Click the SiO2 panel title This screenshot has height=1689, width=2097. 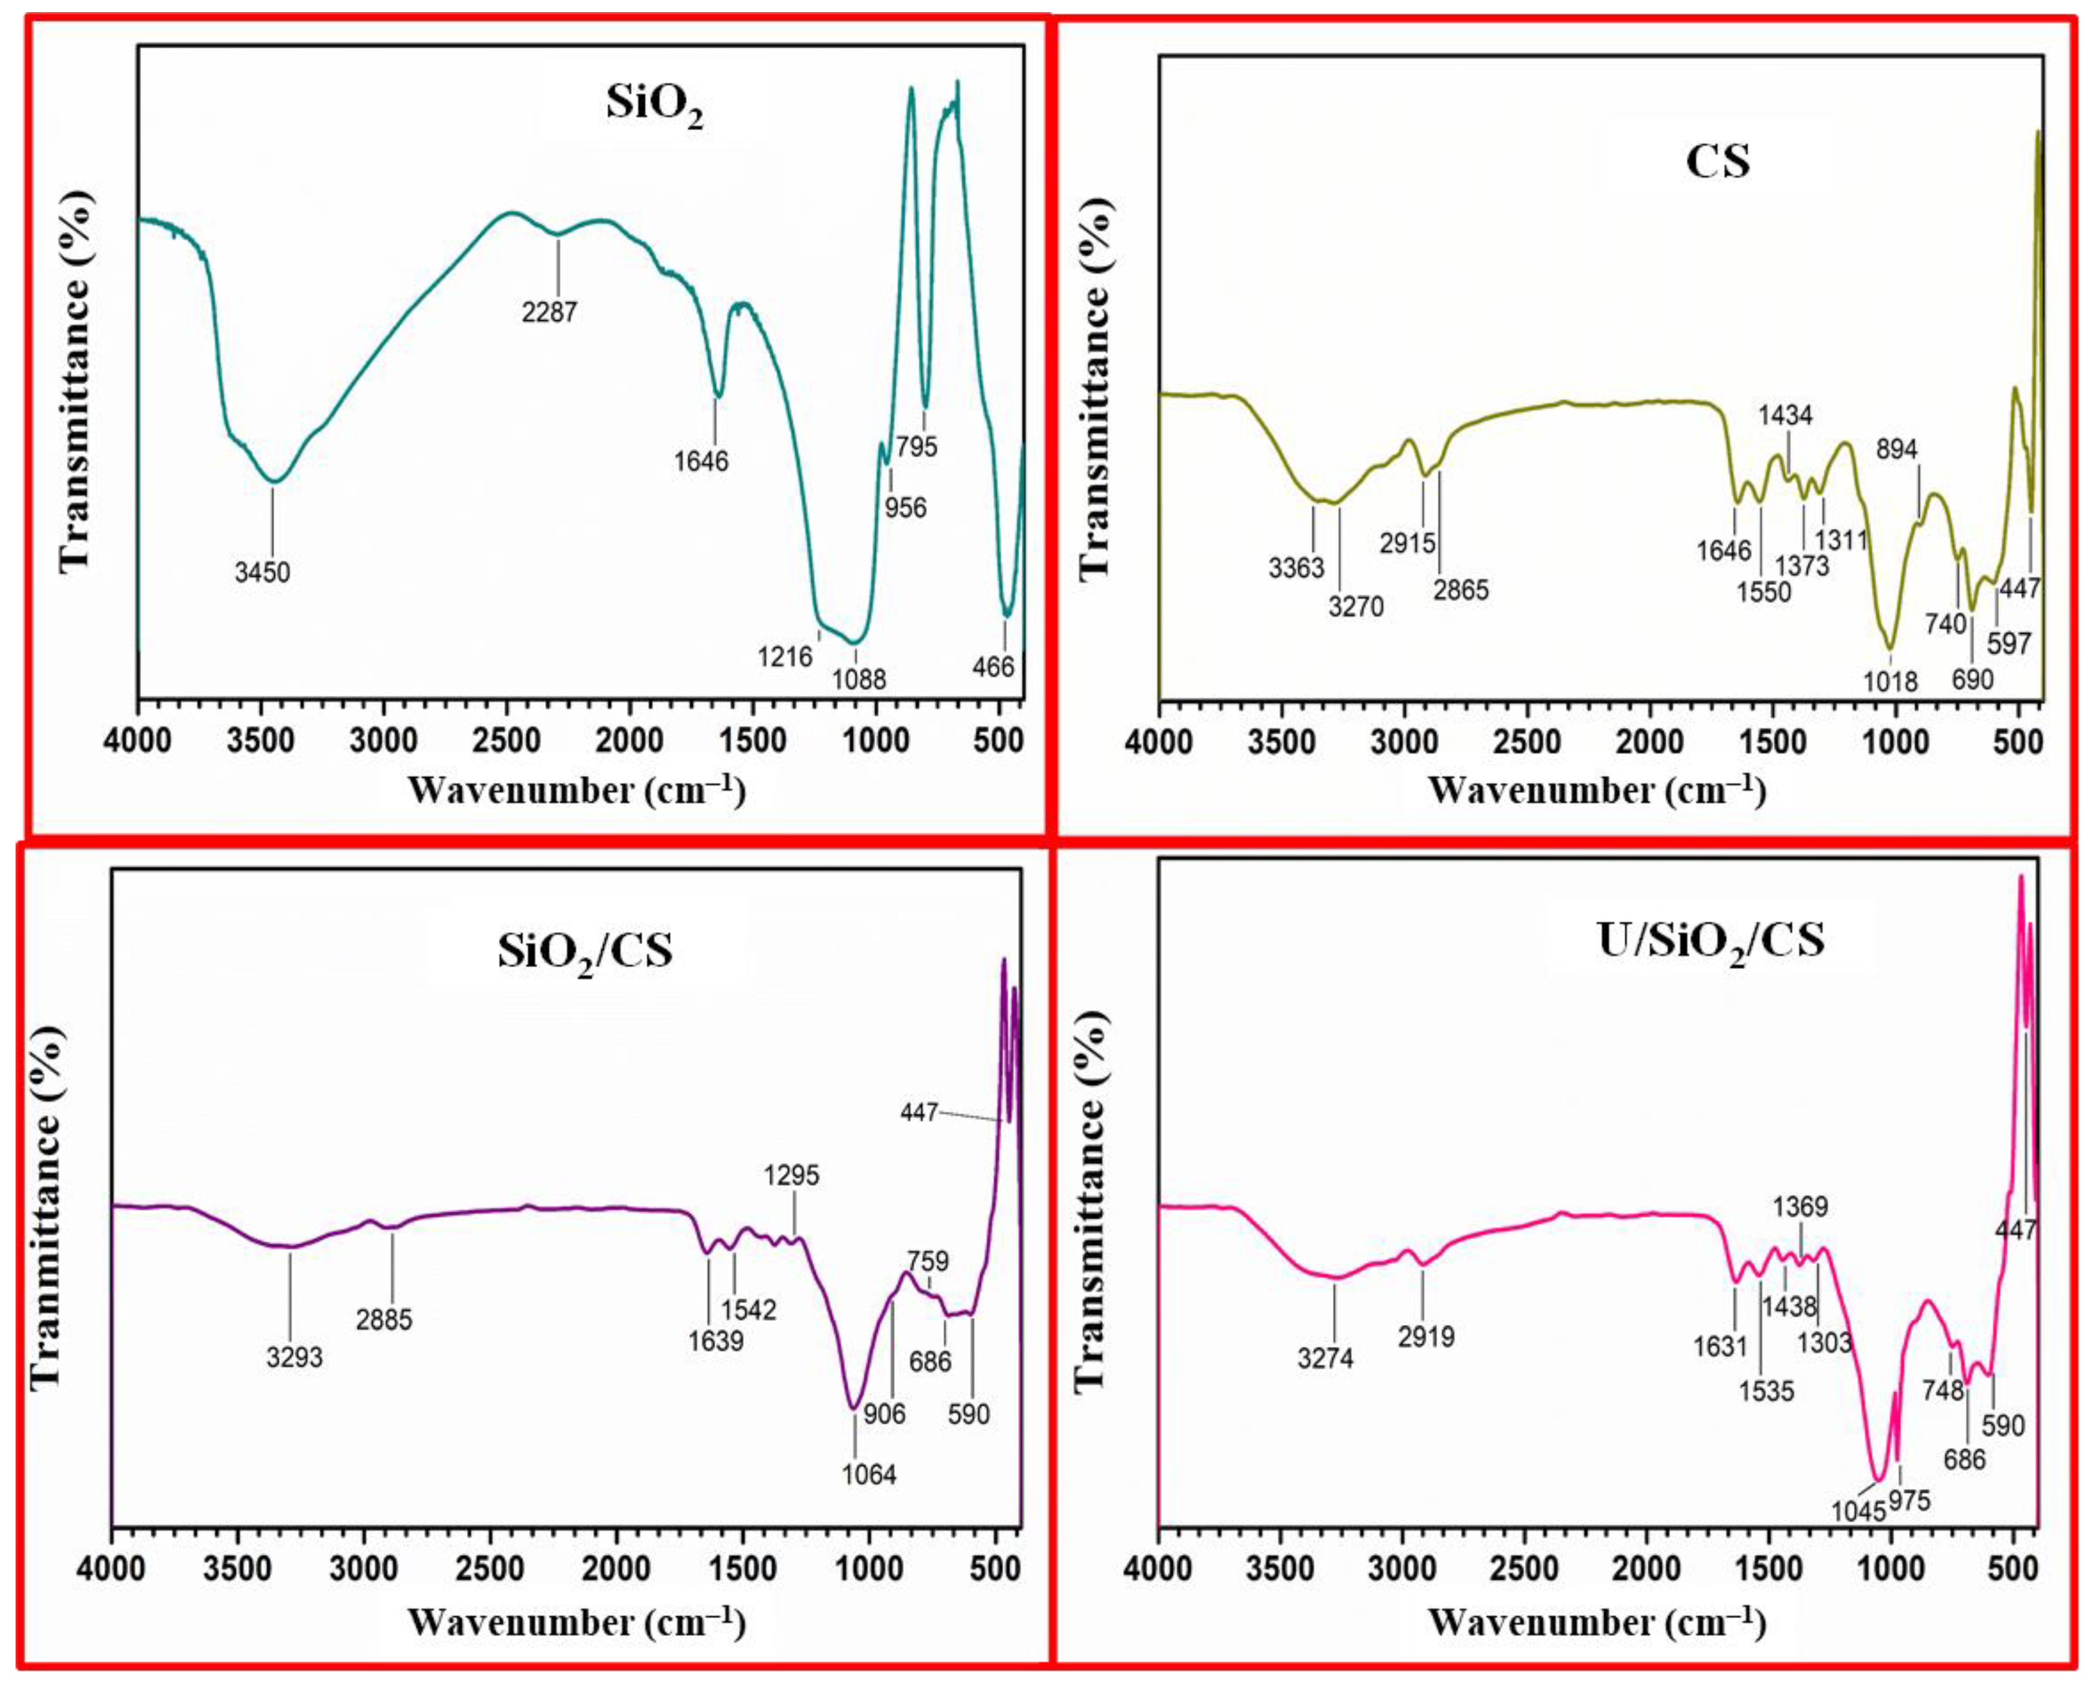point(654,105)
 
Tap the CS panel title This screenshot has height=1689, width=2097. point(1717,161)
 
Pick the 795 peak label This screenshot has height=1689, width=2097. point(917,446)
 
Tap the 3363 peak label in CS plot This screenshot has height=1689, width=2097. point(1296,568)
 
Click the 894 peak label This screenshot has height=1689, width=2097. point(1896,449)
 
